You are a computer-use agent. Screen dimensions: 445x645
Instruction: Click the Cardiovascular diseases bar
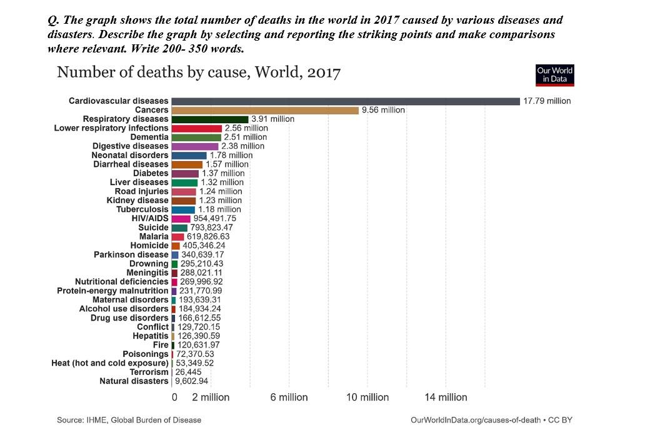[345, 101]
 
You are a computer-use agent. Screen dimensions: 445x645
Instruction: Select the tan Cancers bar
[265, 110]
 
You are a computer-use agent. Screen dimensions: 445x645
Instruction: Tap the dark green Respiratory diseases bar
[210, 119]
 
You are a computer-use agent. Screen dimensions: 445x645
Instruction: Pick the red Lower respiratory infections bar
[196, 128]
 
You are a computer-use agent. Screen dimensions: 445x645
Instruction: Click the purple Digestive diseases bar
[194, 146]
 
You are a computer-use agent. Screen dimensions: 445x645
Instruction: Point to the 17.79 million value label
[547, 101]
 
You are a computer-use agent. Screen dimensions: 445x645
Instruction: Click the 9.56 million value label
[384, 110]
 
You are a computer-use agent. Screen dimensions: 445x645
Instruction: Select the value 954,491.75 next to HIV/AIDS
[214, 219]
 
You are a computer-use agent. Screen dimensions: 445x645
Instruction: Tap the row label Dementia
[149, 137]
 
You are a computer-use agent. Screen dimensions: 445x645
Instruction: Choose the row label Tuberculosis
[142, 209]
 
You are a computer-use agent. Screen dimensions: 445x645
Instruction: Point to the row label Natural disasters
[134, 381]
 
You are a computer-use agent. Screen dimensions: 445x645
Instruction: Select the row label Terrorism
[149, 372]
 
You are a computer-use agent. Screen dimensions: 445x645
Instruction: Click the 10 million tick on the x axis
[367, 397]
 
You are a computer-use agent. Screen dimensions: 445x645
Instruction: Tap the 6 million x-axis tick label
[289, 397]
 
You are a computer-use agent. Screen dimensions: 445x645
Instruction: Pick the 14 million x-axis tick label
[446, 397]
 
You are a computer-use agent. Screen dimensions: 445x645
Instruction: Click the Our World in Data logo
[555, 75]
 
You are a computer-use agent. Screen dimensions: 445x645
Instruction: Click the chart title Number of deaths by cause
[199, 72]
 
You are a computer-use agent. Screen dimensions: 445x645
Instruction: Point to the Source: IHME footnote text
[129, 420]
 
